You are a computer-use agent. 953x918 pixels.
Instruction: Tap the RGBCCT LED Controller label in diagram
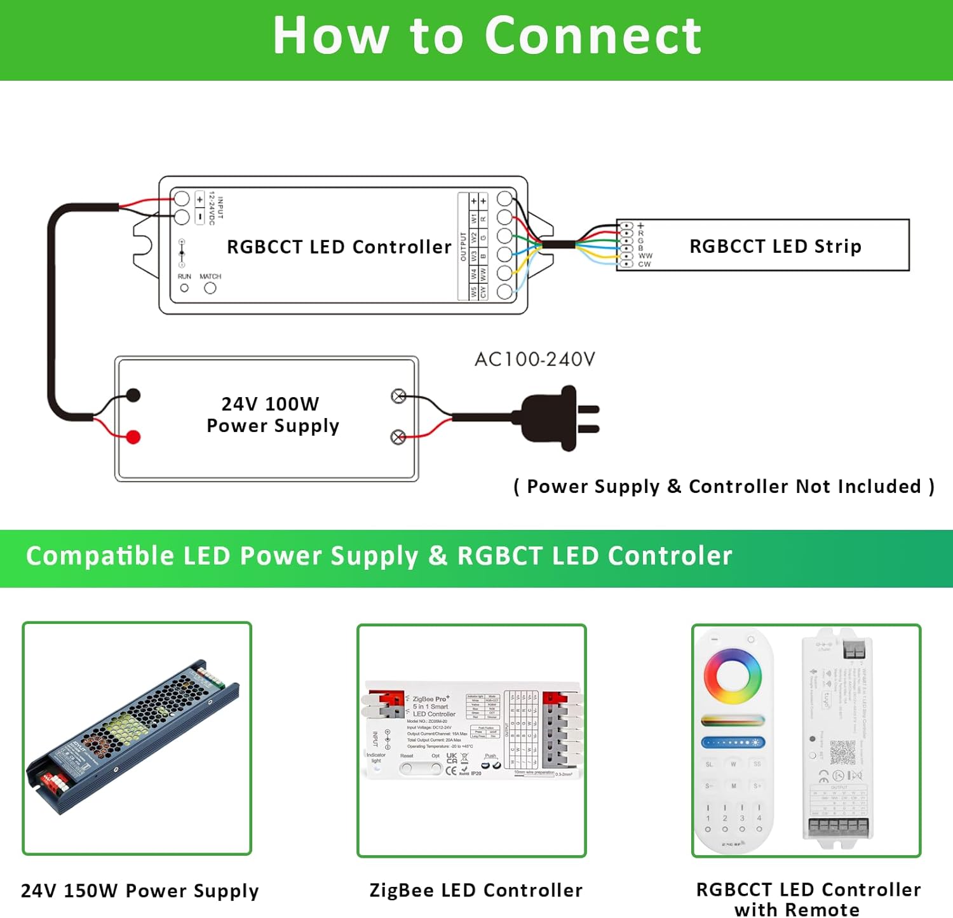pos(339,246)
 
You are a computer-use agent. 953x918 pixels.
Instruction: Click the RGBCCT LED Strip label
pos(775,246)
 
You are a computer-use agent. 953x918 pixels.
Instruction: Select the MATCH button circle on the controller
pos(210,288)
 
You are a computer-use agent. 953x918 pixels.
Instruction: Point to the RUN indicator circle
pos(184,288)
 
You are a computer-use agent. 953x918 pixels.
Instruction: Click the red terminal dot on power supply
pos(133,437)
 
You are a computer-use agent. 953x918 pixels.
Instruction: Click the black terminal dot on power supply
pos(133,395)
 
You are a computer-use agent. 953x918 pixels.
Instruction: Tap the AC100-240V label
pos(534,360)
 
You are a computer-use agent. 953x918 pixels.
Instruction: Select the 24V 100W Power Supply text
pos(272,415)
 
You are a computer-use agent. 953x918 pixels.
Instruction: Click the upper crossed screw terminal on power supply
pos(398,396)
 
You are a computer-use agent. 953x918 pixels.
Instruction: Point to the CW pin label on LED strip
pos(644,264)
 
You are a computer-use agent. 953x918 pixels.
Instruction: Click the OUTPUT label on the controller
pos(463,246)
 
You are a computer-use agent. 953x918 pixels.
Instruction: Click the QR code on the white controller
pos(842,752)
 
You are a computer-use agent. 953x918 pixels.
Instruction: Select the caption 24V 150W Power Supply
pos(140,891)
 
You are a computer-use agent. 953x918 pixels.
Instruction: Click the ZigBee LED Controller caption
pos(476,890)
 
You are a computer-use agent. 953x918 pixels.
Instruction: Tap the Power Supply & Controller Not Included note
pos(724,487)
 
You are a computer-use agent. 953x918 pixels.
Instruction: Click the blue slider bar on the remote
pos(733,742)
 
